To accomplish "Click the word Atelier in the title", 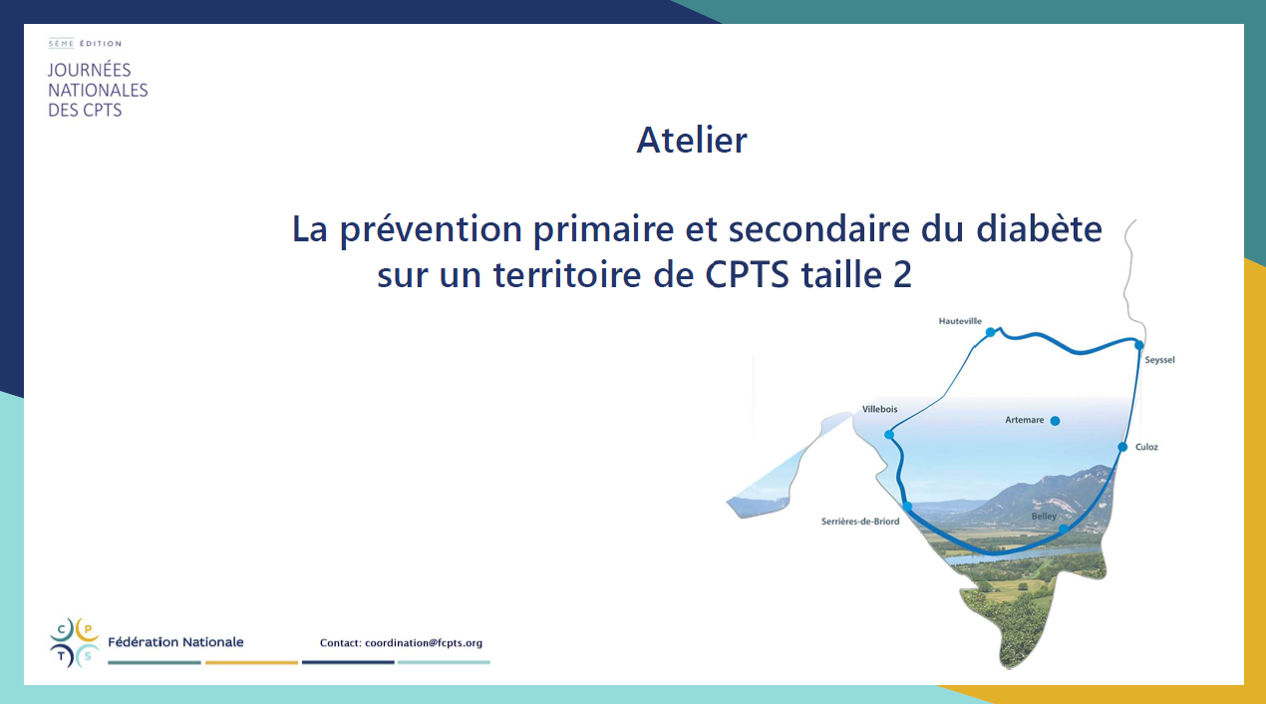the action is (x=692, y=140).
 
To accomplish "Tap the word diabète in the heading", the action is (x=1040, y=229).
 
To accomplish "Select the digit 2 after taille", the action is (x=902, y=275).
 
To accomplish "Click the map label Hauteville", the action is (x=960, y=321).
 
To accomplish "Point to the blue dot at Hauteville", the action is (x=990, y=332).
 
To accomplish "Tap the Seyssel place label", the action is (x=1159, y=360).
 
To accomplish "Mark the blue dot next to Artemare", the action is (x=1055, y=421).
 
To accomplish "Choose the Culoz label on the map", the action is (x=1146, y=447).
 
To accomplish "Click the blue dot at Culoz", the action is (x=1123, y=448).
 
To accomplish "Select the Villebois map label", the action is (x=879, y=410).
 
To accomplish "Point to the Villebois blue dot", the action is (x=889, y=435).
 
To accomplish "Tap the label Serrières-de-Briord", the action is (x=860, y=522).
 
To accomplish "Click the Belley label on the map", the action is (x=1044, y=517).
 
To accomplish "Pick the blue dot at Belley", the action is (x=1063, y=529).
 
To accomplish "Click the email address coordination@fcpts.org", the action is (x=424, y=643).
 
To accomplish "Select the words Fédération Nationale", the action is (x=175, y=642).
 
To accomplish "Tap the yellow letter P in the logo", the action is (x=88, y=629).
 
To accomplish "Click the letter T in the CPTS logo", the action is (x=62, y=656).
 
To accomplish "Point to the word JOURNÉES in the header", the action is (x=90, y=70).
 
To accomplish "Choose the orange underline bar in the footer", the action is (x=251, y=662).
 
